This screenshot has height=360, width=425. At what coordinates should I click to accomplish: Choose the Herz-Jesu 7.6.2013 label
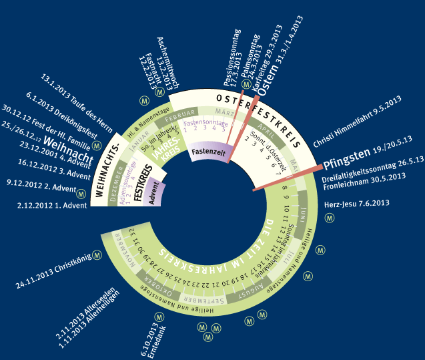point(356,203)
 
